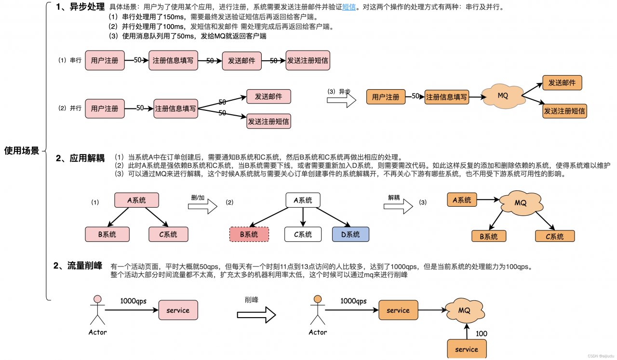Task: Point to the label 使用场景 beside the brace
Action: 22,151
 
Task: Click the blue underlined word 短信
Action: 349,8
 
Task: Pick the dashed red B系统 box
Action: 249,235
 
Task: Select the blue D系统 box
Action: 350,235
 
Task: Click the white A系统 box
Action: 302,200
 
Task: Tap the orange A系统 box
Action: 462,200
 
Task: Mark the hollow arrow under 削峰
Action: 256,315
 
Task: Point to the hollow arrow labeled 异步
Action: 341,100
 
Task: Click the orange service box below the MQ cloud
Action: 467,349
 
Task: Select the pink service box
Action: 178,310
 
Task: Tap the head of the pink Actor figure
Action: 97,299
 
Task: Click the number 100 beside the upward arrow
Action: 482,333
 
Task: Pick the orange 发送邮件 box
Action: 562,83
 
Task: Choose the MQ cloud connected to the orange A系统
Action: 520,202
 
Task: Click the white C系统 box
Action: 302,235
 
